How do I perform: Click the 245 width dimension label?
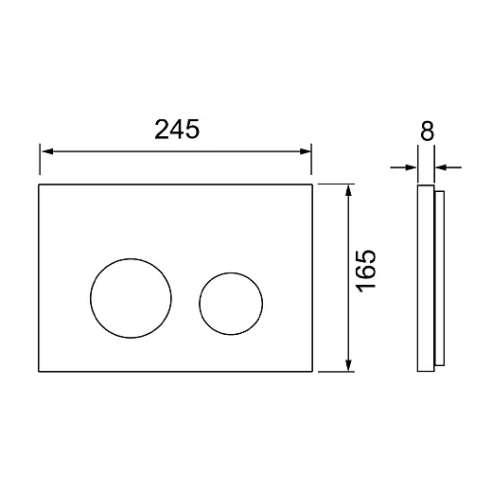tap(177, 130)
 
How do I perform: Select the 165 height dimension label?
tap(366, 272)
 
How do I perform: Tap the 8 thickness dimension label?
tap(428, 131)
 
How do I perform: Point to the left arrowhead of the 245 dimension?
tap(47, 151)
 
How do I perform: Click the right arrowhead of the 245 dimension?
tap(306, 151)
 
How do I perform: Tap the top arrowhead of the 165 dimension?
tap(348, 190)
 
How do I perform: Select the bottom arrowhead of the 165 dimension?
tap(348, 365)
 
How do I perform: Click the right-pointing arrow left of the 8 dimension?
tap(403, 167)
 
